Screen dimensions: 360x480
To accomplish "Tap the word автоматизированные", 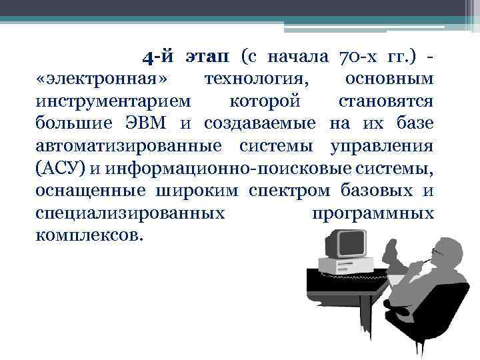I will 129,146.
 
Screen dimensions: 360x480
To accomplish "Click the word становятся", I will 386,102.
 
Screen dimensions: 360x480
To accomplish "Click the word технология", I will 257,80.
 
